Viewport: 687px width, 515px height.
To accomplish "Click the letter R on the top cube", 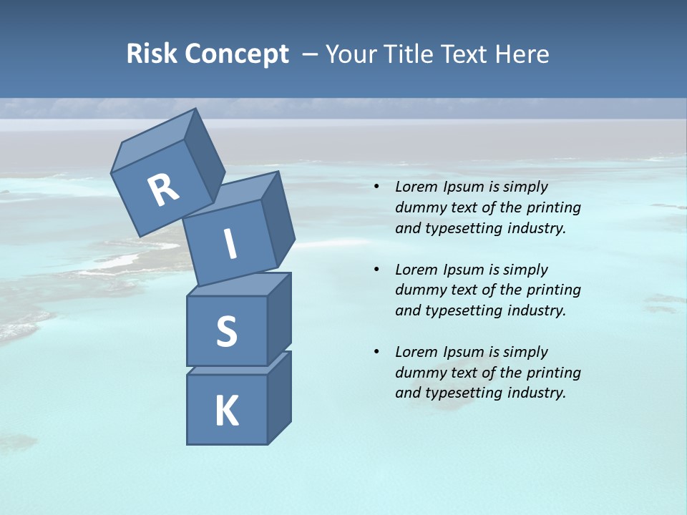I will (x=163, y=190).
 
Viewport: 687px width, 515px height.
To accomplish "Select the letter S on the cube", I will (x=226, y=332).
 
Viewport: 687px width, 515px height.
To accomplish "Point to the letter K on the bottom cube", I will (x=226, y=411).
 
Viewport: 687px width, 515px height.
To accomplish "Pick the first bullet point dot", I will (x=376, y=187).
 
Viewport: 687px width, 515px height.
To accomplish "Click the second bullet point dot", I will (x=376, y=270).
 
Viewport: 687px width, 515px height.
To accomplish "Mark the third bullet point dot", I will (x=376, y=352).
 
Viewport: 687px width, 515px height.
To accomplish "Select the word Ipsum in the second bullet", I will (x=466, y=270).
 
